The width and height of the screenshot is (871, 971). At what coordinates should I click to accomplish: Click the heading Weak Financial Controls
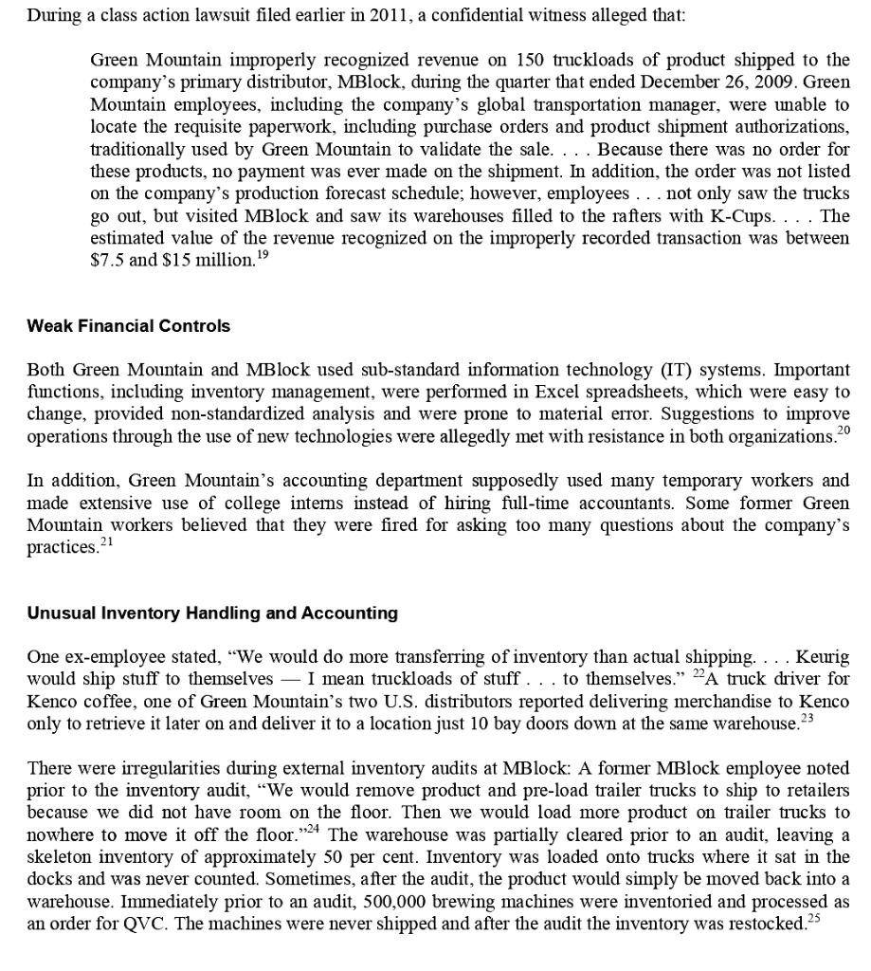coord(128,326)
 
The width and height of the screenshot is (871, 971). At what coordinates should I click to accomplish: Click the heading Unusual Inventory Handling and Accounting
coord(212,614)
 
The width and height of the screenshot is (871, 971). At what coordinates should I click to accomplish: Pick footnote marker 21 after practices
coord(106,542)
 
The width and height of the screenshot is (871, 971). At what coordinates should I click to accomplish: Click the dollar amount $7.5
coord(106,260)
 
